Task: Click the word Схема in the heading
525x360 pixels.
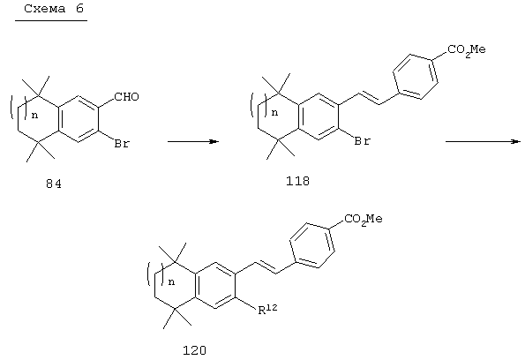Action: click(x=44, y=8)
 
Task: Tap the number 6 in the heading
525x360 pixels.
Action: click(x=79, y=8)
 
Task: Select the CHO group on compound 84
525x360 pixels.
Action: click(x=126, y=97)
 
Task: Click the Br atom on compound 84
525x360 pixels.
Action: click(x=122, y=143)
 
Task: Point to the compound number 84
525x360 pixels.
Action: click(x=54, y=184)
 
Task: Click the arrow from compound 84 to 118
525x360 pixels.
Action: click(x=193, y=142)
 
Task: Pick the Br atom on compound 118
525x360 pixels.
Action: click(x=363, y=141)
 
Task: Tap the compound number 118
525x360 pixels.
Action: click(x=297, y=181)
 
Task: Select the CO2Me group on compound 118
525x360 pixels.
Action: click(x=467, y=50)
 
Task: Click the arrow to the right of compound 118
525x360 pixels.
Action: click(x=483, y=142)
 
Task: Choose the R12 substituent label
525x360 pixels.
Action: click(x=267, y=310)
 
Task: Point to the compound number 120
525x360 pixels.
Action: click(x=194, y=350)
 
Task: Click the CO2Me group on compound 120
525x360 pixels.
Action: click(x=364, y=220)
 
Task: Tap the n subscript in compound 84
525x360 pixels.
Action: click(x=34, y=116)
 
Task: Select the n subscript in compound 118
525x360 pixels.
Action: click(x=275, y=113)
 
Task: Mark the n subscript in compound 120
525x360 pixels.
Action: click(x=171, y=282)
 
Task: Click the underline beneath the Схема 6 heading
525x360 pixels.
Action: click(x=51, y=21)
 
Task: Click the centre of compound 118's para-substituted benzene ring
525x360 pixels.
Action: click(x=416, y=77)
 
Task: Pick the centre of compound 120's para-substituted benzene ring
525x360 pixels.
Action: click(x=312, y=246)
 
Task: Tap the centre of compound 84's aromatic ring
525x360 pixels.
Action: click(x=79, y=119)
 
